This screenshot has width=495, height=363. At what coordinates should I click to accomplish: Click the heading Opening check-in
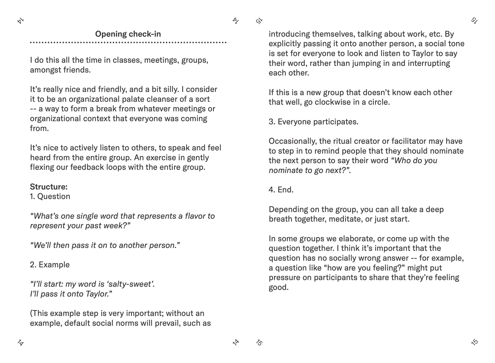pos(128,34)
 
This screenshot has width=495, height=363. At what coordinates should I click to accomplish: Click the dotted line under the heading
pos(128,43)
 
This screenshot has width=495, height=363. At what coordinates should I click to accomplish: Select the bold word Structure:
pos(49,187)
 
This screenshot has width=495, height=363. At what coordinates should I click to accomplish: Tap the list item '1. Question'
pos(50,196)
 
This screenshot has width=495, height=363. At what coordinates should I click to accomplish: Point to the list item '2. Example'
pos(50,265)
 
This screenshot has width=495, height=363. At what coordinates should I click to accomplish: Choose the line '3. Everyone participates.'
pos(313,122)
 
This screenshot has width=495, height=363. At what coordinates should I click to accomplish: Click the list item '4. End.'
pos(281,190)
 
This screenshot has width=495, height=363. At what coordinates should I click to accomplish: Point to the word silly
pos(170,89)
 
